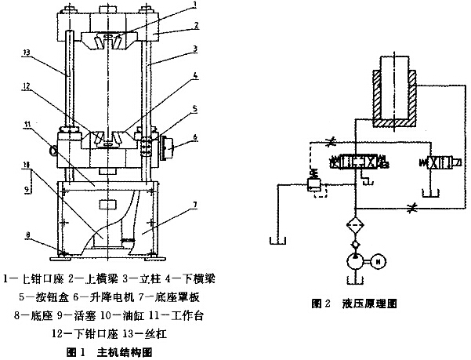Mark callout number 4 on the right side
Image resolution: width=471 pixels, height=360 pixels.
pos(194,76)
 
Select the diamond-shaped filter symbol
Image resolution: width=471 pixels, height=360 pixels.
pos(357,229)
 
